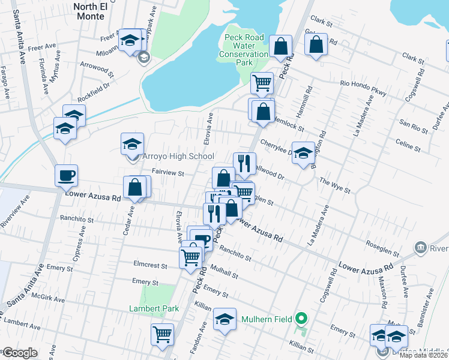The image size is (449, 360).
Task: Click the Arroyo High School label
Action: tap(178, 157)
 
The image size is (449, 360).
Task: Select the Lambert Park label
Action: tap(154, 308)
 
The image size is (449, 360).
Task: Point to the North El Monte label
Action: tap(91, 12)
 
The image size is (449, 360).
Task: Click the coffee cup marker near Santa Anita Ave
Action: tap(66, 176)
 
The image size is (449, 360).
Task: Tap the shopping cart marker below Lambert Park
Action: tap(162, 335)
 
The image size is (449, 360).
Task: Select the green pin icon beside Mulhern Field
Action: tap(303, 319)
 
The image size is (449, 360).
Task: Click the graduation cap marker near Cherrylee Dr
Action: tap(304, 152)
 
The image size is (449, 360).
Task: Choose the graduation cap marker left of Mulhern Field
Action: tap(224, 320)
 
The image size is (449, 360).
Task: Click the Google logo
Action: tap(19, 353)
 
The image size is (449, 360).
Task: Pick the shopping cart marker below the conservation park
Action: tap(262, 83)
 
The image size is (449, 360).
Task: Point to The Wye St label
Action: tap(334, 184)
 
